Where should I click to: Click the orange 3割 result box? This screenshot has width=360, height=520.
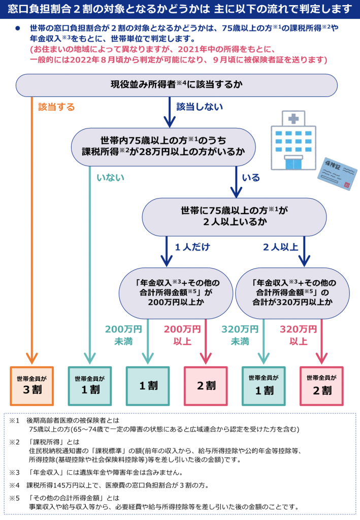coord(32,386)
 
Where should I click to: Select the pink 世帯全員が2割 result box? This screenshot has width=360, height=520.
coord(321,386)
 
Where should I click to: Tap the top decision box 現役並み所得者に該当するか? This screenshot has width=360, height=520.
coord(177,85)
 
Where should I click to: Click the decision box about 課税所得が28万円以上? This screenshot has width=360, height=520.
coord(163,147)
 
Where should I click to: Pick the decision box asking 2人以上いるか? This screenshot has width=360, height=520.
coord(235,217)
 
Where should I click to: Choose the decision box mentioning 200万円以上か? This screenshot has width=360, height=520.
coord(176,293)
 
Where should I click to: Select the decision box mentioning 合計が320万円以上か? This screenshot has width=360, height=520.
coord(292,293)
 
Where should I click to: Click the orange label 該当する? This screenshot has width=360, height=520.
coord(56,107)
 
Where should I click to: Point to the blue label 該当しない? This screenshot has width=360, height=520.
coord(200,107)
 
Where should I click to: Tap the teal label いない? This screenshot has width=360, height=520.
coord(110,178)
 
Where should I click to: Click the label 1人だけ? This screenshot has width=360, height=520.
coord(192,247)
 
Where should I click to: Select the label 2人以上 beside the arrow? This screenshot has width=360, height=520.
coord(281,247)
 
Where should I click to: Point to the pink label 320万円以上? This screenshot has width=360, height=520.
coord(299,335)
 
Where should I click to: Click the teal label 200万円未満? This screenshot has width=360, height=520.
coord(123,335)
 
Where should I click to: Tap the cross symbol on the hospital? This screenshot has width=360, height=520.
coord(293,118)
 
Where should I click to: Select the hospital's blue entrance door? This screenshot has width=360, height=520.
coord(293,164)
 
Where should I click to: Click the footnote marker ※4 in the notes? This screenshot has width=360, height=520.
coord(14,485)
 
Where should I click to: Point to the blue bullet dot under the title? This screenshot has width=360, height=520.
coord(17,28)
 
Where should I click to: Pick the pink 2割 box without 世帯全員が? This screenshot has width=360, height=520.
coord(206,386)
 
